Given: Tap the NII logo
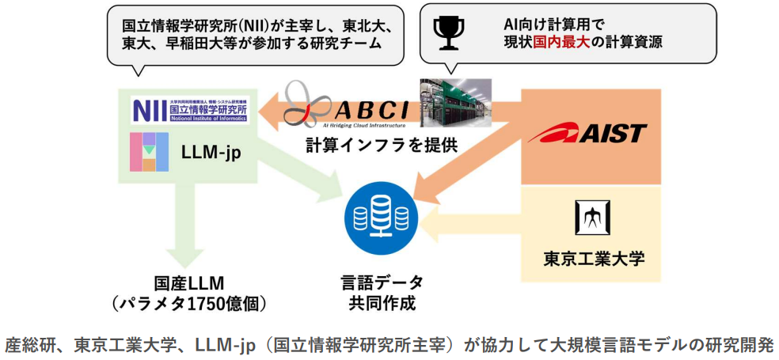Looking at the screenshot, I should [189, 109].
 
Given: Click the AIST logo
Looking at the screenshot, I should [588, 133].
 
